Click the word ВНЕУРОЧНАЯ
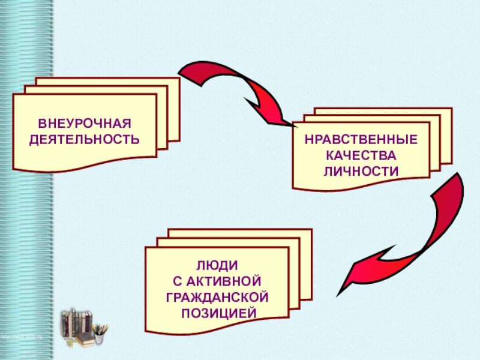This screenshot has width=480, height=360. pyautogui.click(x=85, y=125)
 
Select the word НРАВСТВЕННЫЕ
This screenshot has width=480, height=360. pyautogui.click(x=361, y=140)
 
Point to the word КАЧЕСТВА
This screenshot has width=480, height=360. pyautogui.click(x=361, y=155)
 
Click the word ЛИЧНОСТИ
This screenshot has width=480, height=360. pyautogui.click(x=361, y=170)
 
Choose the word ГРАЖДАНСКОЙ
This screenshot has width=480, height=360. pyautogui.click(x=217, y=296)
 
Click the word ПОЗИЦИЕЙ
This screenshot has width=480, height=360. pyautogui.click(x=217, y=312)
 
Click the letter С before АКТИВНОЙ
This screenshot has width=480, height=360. pyautogui.click(x=177, y=281)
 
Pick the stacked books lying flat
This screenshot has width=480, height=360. pyautogui.click(x=84, y=340)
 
